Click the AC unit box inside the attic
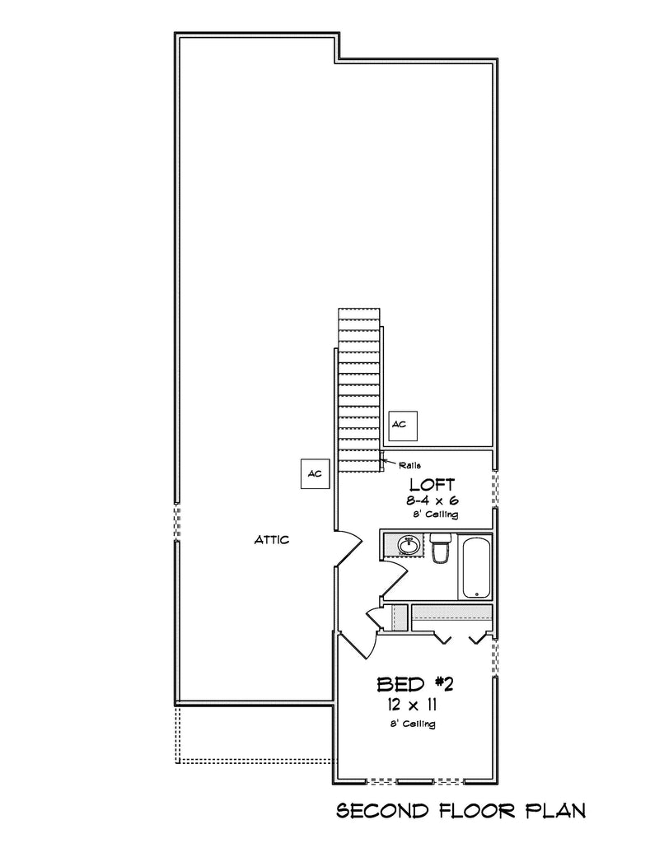click(315, 473)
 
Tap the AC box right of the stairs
click(404, 425)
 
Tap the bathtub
click(476, 567)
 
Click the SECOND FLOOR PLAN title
click(461, 811)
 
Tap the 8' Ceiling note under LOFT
click(435, 514)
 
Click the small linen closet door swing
click(445, 635)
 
